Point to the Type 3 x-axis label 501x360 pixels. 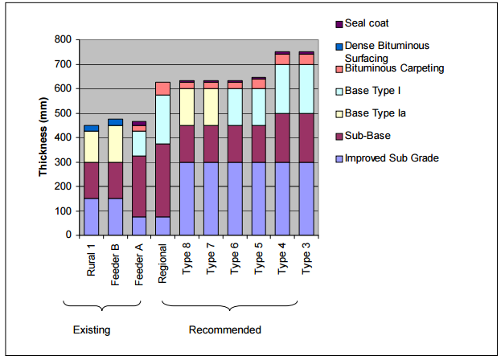pyautogui.click(x=306, y=259)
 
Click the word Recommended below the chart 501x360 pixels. pyautogui.click(x=224, y=329)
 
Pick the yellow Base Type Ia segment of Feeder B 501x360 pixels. pyautogui.click(x=115, y=144)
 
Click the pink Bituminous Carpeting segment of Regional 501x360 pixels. pyautogui.click(x=162, y=88)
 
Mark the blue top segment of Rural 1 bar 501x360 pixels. pyautogui.click(x=92, y=128)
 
